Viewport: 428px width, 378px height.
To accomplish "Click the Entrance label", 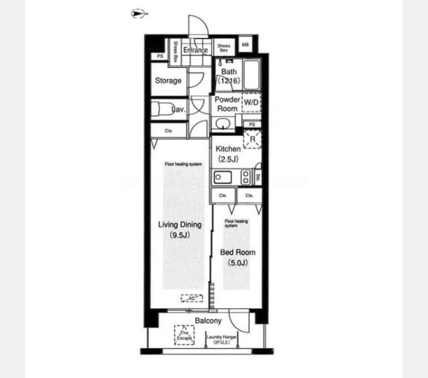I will [x=196, y=50].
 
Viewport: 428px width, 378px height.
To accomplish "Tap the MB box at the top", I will [x=245, y=45].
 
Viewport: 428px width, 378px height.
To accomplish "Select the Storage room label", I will [x=168, y=81].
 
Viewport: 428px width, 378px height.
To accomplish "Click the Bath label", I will [x=228, y=72].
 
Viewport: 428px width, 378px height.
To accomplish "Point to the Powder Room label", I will [x=227, y=104].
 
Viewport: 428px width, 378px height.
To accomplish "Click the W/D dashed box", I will [x=251, y=102].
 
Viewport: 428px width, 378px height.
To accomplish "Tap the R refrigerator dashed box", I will [x=252, y=139].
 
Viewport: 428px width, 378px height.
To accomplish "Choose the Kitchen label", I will [x=228, y=149].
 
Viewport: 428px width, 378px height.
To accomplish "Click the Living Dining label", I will [x=179, y=224].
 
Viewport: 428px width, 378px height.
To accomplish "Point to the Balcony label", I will [x=207, y=321].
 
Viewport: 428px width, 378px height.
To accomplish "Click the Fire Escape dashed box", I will [x=184, y=335].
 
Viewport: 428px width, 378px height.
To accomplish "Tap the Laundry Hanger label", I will [x=222, y=338].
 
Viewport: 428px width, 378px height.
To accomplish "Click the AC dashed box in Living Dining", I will [x=191, y=299].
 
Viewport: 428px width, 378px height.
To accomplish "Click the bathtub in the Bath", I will [x=253, y=76].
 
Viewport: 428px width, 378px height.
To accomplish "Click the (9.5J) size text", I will [x=179, y=235].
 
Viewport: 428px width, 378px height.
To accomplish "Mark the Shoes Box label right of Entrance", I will [x=223, y=47].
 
